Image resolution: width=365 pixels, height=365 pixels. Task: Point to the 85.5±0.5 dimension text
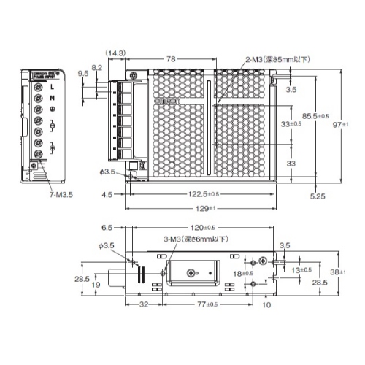(x=315, y=116)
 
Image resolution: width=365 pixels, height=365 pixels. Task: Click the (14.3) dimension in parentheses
(x=115, y=53)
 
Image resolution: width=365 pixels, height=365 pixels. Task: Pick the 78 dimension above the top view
(x=169, y=58)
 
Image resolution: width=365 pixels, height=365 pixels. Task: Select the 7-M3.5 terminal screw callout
(x=61, y=196)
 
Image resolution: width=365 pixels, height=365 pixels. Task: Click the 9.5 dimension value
(x=83, y=74)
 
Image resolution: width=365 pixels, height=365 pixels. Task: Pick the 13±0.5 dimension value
(x=300, y=269)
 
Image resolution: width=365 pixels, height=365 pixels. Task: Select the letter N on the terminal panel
(x=53, y=99)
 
